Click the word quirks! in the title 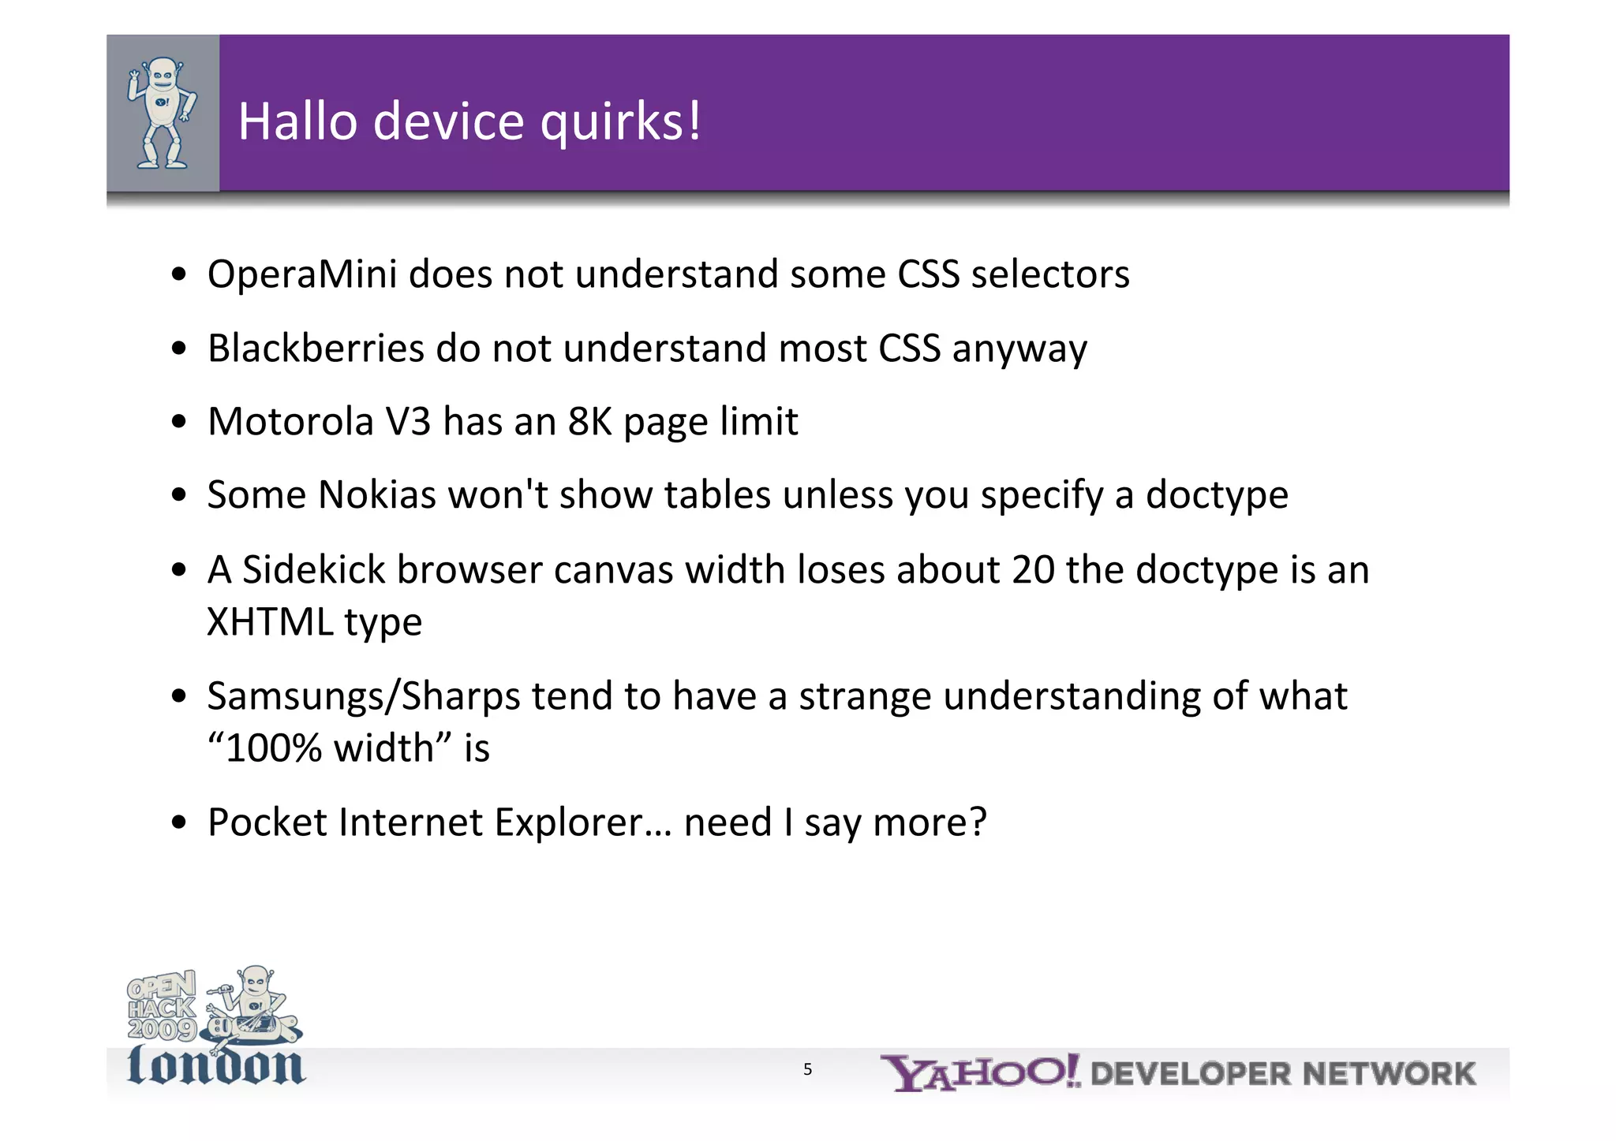620,123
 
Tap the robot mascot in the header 163,113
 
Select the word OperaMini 301,274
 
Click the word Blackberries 316,348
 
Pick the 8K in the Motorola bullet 590,421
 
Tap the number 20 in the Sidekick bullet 1033,569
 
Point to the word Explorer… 583,822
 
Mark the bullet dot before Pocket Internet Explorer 179,823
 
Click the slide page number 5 807,1070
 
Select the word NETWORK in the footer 1389,1074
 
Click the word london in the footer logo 215,1066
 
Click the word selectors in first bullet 1049,274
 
